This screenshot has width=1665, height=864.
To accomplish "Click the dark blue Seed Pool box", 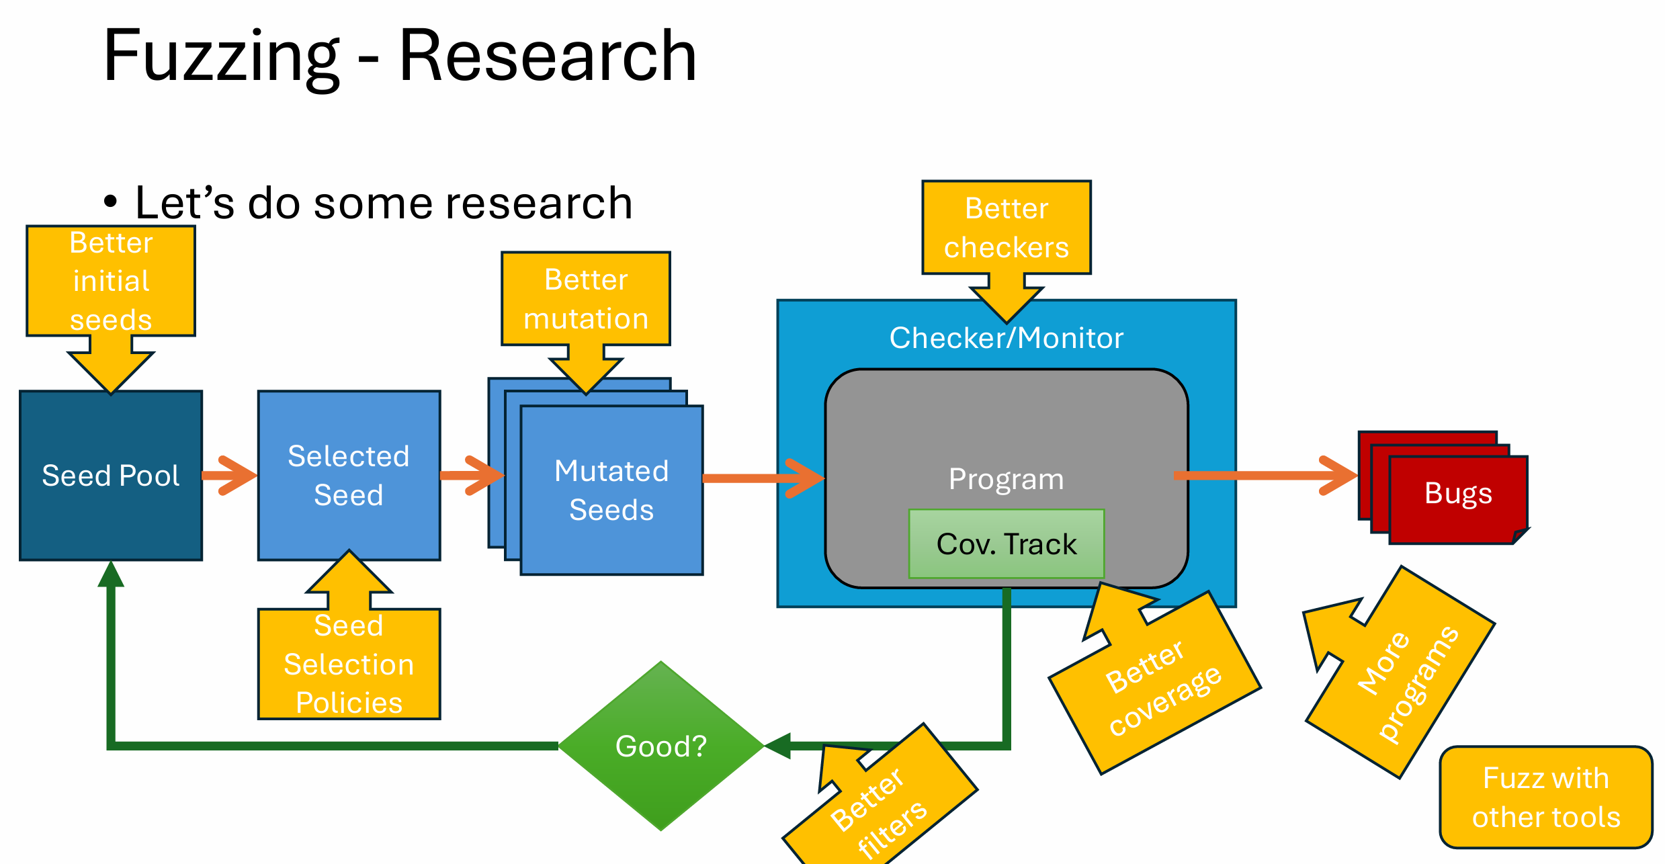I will coord(111,476).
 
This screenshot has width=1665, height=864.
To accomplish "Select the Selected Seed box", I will coord(349,476).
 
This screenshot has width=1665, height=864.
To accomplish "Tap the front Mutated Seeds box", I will coord(611,490).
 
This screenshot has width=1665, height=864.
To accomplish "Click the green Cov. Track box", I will coord(1006,544).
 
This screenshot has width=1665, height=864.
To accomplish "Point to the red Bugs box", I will coord(1458,497).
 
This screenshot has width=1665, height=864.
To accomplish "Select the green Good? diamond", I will coord(661,746).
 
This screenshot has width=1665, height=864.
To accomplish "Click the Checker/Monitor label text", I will coord(1006,337).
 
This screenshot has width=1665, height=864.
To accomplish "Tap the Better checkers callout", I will coord(1006,228).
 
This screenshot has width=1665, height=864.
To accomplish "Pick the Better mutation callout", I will coord(585,299).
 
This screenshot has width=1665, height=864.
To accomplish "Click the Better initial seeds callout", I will coord(111,281).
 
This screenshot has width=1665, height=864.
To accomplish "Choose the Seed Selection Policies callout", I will coord(349,664).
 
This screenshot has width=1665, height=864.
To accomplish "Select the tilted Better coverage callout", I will coord(1162,689).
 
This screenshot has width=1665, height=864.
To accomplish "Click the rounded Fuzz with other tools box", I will coord(1545,797).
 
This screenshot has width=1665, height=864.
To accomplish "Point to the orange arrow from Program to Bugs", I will coord(1263,476).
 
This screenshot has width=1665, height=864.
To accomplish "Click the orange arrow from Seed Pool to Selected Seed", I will coord(228,476).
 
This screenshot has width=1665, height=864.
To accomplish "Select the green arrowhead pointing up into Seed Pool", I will coord(111,575).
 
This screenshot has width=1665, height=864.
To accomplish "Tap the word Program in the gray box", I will coord(1006,479).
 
